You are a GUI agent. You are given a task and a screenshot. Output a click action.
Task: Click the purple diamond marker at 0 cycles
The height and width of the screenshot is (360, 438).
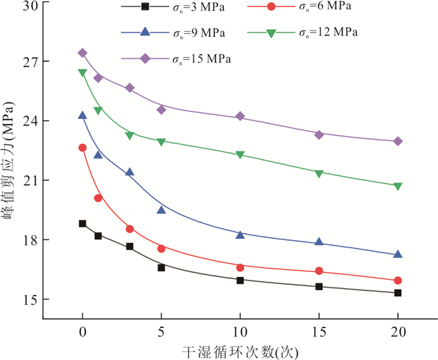83,53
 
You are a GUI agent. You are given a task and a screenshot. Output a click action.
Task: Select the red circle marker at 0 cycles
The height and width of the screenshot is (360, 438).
83,148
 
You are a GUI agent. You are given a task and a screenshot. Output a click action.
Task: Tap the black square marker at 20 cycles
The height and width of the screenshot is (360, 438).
398,293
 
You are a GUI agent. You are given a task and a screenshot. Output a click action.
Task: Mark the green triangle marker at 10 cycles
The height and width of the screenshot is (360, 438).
240,155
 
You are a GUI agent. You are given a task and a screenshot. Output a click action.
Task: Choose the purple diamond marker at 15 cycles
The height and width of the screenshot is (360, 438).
319,135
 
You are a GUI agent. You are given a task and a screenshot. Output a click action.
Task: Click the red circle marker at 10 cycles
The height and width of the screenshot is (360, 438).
240,267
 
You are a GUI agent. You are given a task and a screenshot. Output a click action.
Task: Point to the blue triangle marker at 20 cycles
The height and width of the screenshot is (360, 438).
398,254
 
